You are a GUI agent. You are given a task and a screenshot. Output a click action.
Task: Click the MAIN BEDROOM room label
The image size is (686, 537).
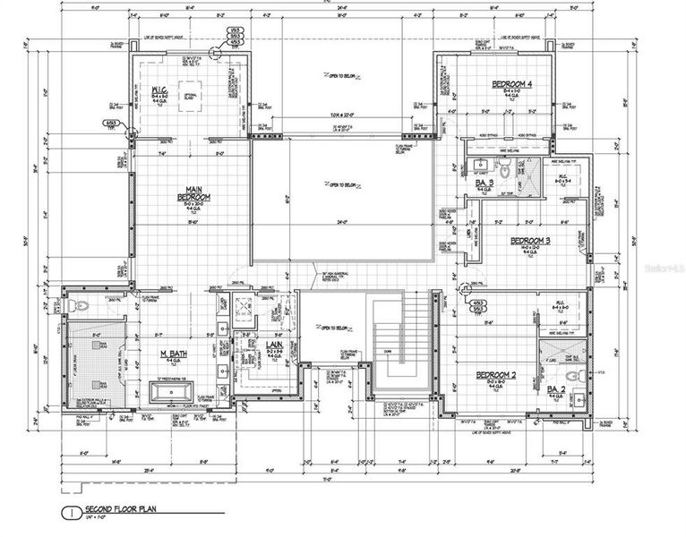click(x=189, y=192)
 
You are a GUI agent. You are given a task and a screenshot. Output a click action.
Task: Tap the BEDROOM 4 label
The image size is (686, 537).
click(x=511, y=84)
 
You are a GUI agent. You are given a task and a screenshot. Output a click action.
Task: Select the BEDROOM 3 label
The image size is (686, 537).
click(x=529, y=241)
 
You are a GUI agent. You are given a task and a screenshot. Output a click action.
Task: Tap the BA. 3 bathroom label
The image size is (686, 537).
click(x=484, y=183)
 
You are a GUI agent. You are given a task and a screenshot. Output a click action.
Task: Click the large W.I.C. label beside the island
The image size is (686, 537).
click(x=160, y=89)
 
